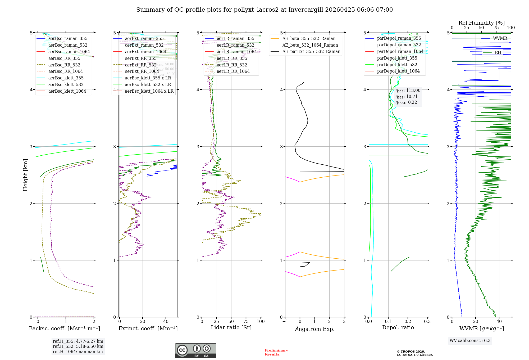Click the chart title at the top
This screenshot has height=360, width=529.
point(264,10)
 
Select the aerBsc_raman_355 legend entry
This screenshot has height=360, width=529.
point(68,39)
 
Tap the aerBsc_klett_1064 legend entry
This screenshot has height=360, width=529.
point(67,91)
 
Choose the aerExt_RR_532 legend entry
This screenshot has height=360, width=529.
point(141,65)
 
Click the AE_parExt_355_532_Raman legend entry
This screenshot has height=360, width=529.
point(311,52)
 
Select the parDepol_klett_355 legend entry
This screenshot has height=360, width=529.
point(397,58)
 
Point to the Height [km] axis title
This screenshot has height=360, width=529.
point(25,175)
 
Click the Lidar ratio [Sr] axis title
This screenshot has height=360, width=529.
point(231,328)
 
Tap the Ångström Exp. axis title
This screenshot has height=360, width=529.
point(315,329)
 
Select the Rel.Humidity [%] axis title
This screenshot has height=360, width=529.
point(481,23)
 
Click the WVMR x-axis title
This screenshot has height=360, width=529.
point(482,329)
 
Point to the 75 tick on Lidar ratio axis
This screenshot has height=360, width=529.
point(246,322)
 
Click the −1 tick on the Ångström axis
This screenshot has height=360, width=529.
point(285,322)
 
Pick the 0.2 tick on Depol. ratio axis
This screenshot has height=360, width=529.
point(408,322)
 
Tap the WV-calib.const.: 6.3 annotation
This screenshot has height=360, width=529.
point(470,341)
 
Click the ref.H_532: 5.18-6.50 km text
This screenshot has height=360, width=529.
point(78,346)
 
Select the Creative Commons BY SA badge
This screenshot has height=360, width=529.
point(195,351)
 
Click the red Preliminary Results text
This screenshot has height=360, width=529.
point(276,352)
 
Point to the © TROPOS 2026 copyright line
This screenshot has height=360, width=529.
point(411,352)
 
